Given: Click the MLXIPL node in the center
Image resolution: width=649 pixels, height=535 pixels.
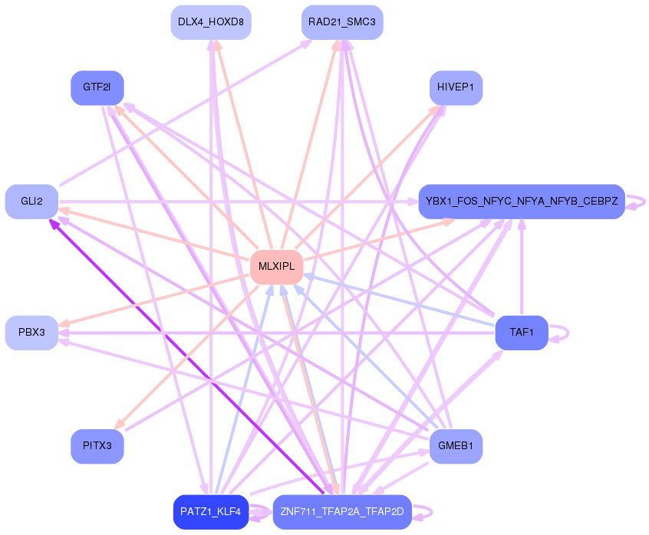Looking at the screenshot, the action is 276,267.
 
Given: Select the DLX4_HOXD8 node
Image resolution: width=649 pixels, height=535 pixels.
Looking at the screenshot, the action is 211,22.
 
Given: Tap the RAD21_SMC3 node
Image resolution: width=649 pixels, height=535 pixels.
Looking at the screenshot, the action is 342,22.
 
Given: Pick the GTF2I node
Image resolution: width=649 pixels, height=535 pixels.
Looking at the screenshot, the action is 97,87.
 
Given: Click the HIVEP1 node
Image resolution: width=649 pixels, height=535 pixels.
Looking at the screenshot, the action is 456,87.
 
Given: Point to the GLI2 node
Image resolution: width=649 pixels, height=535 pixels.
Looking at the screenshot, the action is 32,202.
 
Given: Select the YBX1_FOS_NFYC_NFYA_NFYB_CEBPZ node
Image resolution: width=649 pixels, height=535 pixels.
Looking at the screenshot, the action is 522,202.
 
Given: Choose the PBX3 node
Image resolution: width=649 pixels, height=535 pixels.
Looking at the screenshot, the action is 32,333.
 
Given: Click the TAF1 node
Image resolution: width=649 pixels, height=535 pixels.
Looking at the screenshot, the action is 522,333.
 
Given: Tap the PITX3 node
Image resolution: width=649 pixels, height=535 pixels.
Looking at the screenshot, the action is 97,446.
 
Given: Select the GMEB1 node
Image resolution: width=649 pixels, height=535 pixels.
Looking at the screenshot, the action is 456,446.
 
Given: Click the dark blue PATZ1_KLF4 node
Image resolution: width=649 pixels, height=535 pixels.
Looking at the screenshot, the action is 211,512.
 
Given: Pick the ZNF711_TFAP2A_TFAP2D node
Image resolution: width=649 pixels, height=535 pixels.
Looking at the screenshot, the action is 342,512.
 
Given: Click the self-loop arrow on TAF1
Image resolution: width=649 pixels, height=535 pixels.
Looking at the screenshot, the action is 558,333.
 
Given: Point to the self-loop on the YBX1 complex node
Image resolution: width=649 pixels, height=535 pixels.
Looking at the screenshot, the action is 636,202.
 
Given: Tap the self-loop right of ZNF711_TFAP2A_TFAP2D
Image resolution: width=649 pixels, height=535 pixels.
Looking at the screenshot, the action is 423,513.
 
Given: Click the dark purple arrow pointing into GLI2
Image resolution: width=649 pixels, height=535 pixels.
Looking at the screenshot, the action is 186,356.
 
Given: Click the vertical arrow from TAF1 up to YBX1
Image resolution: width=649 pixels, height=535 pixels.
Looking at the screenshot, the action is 522,267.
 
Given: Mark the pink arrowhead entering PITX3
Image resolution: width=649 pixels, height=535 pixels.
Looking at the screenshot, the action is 120,423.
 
